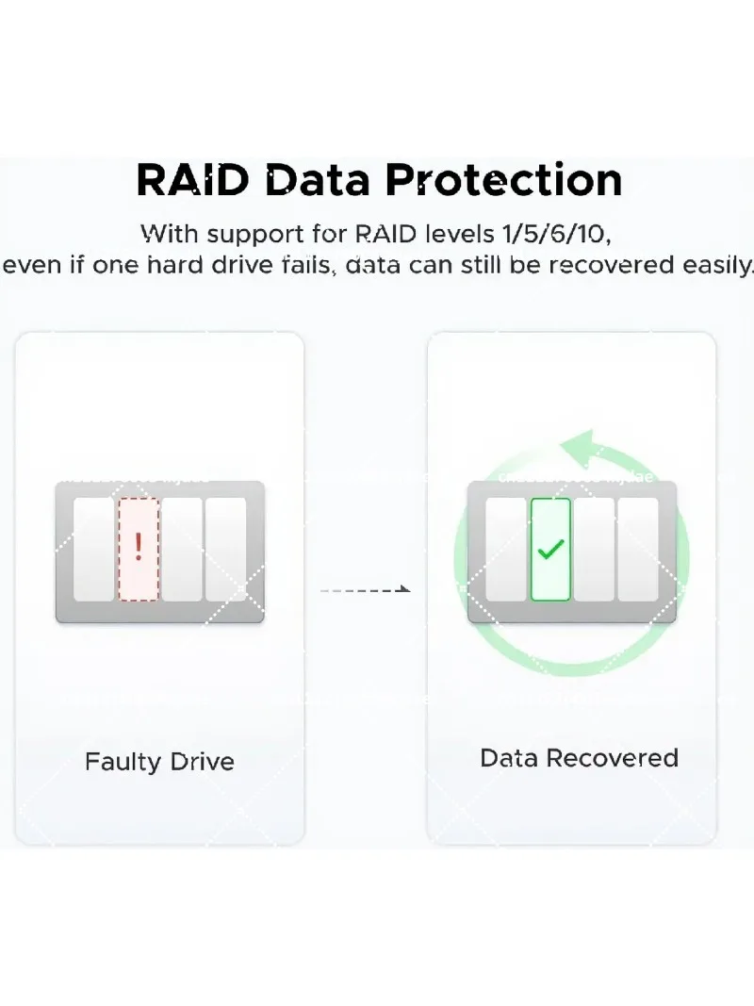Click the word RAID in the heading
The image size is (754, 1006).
(192, 180)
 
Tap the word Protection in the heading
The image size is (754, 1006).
(504, 180)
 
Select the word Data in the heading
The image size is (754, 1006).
(318, 180)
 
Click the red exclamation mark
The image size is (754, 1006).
(139, 547)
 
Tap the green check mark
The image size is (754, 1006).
(550, 549)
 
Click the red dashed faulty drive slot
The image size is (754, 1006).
(139, 550)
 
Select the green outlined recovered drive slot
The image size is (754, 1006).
(550, 550)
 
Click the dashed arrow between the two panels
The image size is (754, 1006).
(365, 589)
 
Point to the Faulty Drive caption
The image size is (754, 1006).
(159, 762)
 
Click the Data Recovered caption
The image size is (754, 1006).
(579, 758)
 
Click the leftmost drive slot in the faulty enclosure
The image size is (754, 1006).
(94, 550)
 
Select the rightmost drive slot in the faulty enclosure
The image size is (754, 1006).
(225, 550)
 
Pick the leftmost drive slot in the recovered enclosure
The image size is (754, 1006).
(506, 550)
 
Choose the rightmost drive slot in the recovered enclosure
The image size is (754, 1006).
(637, 550)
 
